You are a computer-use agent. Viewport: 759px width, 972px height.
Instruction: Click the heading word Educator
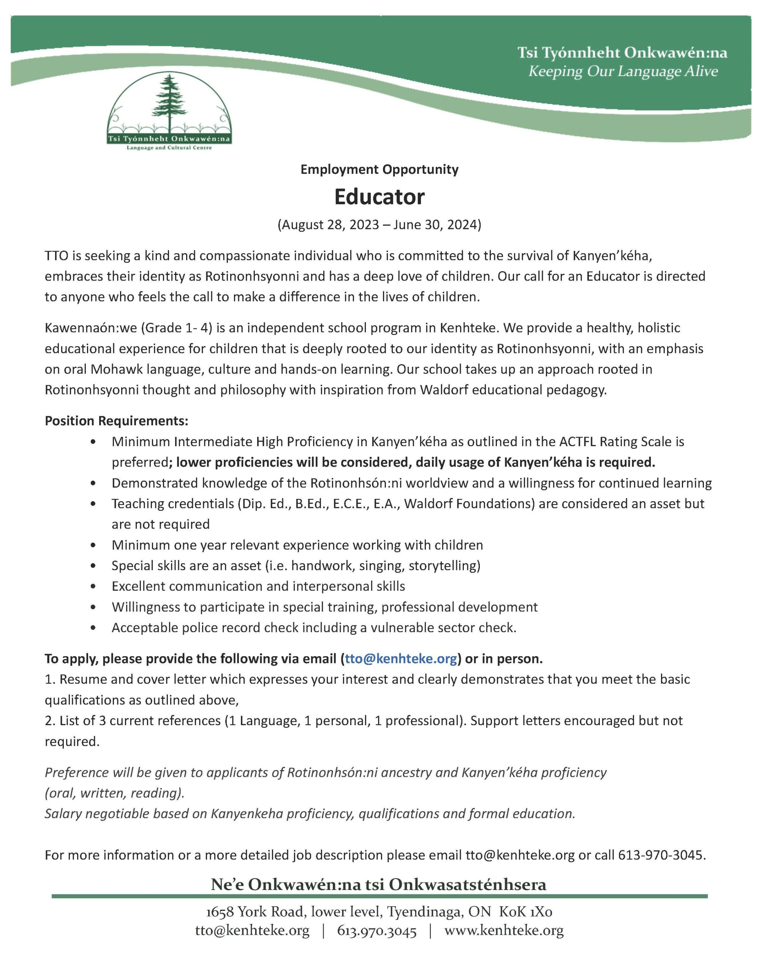(x=379, y=197)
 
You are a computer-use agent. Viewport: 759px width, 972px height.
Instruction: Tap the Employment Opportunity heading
(x=379, y=170)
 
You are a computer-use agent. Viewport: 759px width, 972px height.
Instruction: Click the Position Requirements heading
(x=117, y=421)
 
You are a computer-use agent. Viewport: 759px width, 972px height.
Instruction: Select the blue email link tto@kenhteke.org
(x=401, y=659)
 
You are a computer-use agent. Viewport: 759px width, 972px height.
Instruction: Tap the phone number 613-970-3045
(x=661, y=855)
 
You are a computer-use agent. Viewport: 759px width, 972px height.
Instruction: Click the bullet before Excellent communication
(x=93, y=587)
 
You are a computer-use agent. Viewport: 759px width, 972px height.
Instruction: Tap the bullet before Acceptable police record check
(x=93, y=628)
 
